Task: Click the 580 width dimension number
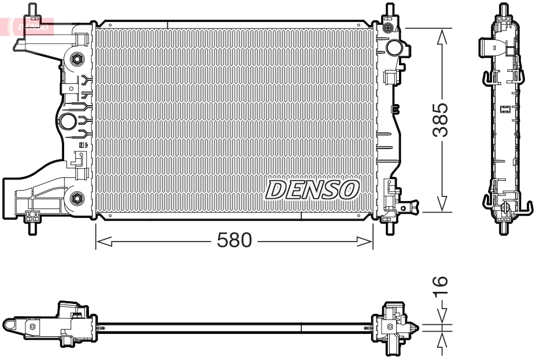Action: coord(234,241)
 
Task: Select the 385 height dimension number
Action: coord(441,120)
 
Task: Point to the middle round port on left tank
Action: coord(68,121)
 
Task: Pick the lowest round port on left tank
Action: coord(76,199)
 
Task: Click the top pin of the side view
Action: coord(504,10)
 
